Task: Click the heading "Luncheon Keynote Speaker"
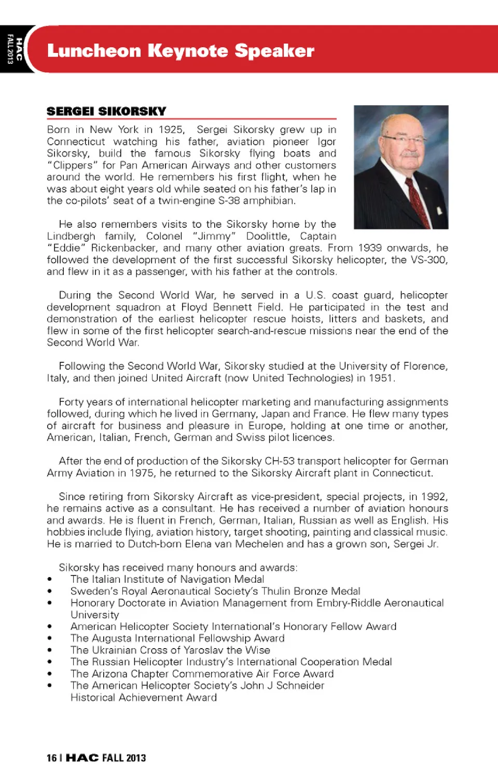(181, 51)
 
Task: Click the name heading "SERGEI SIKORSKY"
(106, 112)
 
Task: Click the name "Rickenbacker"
(121, 248)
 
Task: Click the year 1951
(381, 378)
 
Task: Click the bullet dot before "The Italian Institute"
(50, 580)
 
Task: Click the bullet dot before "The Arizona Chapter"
(50, 674)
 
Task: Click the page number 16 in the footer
(51, 758)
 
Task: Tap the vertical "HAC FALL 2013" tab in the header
(14, 49)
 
